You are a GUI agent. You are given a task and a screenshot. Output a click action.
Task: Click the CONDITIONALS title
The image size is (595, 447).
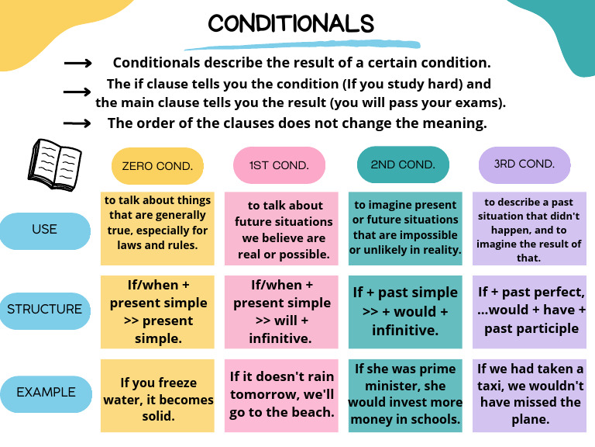coord(291,23)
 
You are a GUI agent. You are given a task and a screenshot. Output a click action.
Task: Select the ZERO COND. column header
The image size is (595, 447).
coord(158,165)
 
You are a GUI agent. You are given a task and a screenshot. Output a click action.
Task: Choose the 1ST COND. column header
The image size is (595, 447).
coord(279,165)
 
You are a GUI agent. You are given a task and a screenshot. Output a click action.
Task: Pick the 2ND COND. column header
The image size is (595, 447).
coord(403,165)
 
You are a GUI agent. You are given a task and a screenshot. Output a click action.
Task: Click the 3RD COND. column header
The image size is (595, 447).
coord(525,164)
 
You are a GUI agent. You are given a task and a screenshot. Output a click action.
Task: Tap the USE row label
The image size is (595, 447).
coord(45,229)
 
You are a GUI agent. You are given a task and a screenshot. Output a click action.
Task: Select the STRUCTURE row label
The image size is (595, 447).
coord(45,309)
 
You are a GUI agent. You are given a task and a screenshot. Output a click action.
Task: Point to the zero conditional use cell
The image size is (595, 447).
coord(158,227)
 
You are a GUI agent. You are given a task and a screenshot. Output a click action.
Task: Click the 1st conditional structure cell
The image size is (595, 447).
coord(281,311)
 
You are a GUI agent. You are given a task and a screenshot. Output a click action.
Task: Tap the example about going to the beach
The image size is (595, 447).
coord(281,395)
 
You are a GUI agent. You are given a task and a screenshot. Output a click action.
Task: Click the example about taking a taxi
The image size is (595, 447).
coord(530,395)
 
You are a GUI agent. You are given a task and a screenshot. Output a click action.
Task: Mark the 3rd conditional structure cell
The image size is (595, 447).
coord(530,311)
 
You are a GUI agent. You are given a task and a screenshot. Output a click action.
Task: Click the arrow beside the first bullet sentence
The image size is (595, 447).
coord(78,64)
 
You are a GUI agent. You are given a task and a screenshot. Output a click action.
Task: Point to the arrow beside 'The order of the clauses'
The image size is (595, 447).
coord(78,123)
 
